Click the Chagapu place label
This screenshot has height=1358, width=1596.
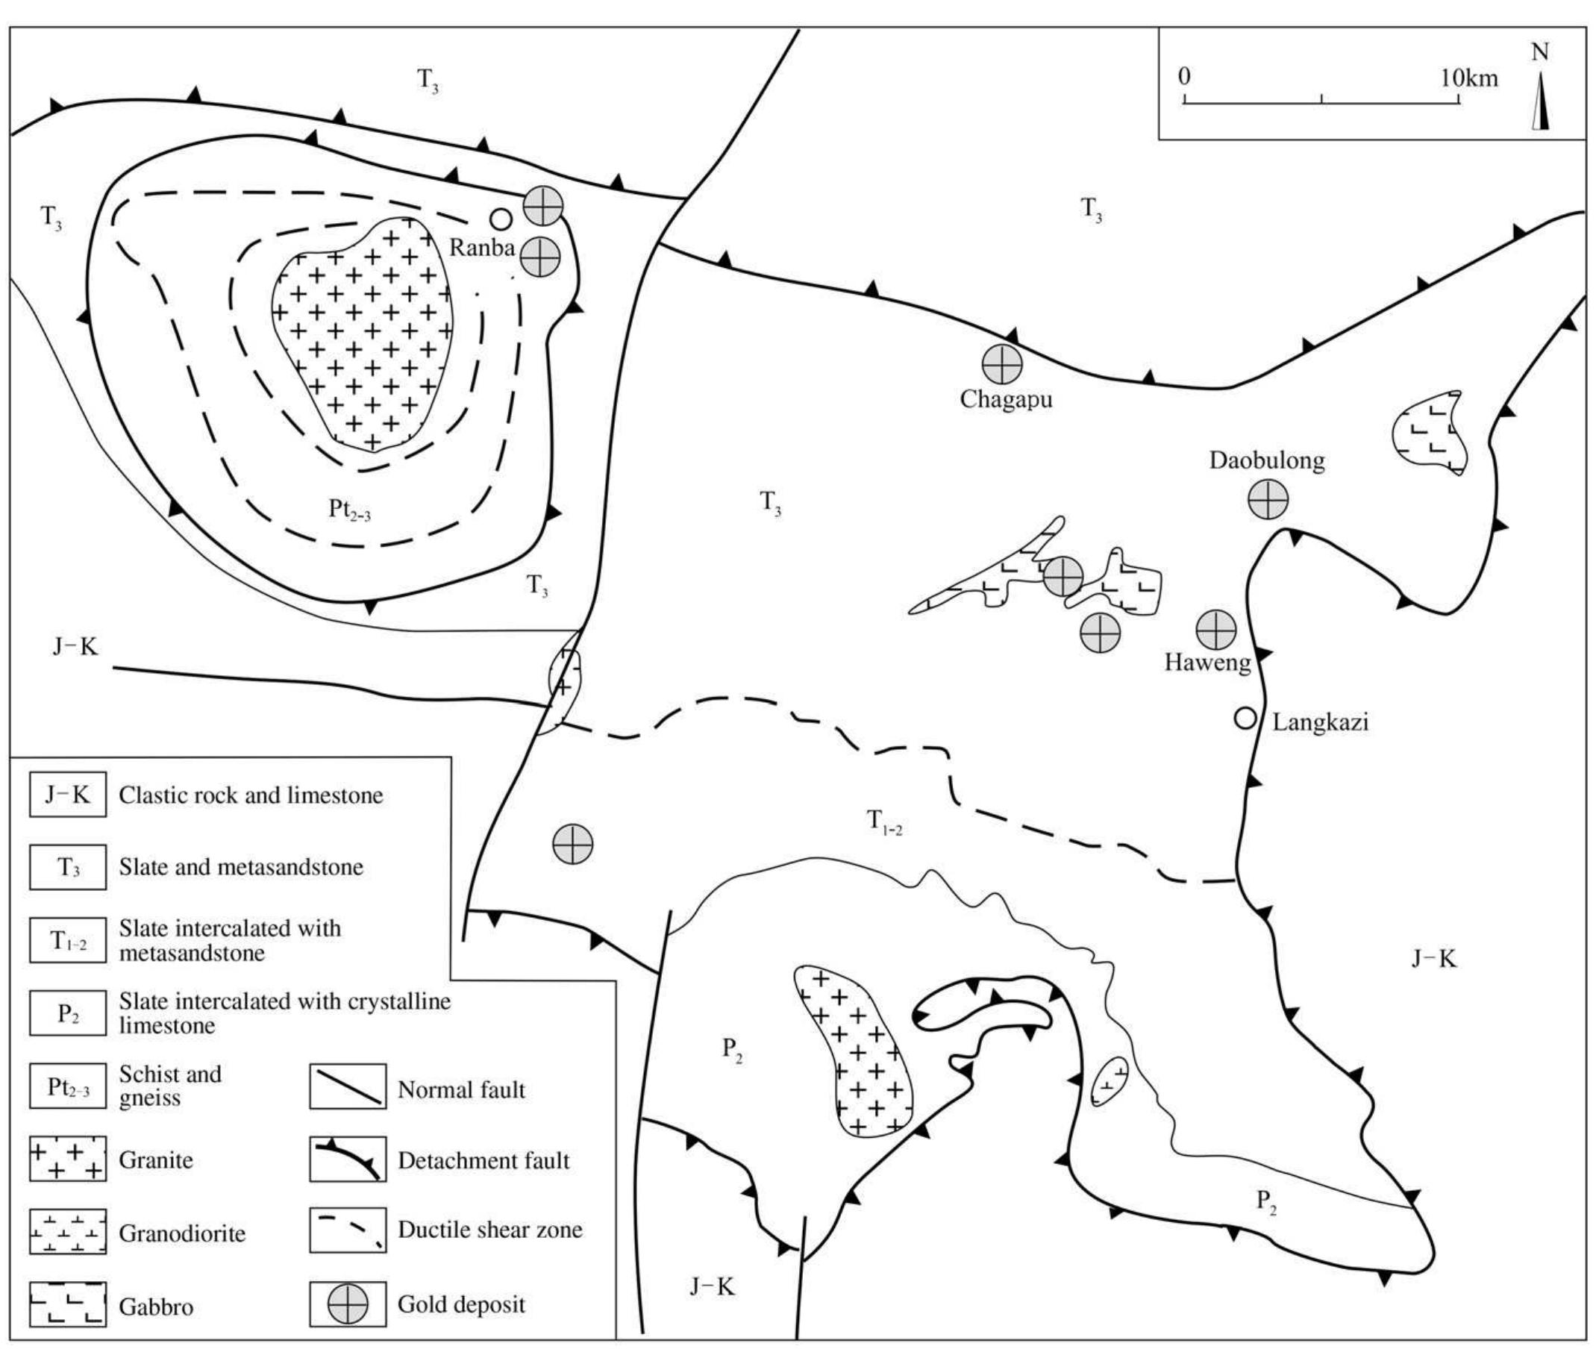pos(1006,399)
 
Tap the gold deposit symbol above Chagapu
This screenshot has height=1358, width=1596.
pos(1001,364)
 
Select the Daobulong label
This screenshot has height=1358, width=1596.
pos(1266,460)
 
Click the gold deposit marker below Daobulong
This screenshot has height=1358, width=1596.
pos(1266,501)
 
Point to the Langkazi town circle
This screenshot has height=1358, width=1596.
pos(1244,719)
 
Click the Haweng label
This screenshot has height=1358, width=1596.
pos(1207,662)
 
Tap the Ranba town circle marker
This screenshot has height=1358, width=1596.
pos(501,219)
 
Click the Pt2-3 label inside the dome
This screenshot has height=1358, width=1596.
pos(348,509)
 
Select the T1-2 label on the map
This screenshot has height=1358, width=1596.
pos(885,822)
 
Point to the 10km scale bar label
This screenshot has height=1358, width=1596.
pos(1469,78)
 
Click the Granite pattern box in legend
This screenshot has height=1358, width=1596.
pos(68,1160)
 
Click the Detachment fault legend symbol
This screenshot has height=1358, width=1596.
pos(348,1160)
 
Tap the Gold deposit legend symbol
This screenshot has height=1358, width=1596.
pos(348,1304)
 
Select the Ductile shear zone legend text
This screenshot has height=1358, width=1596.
pos(489,1230)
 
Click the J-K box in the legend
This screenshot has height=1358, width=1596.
pos(68,795)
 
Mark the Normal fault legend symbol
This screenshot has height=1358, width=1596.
pos(348,1087)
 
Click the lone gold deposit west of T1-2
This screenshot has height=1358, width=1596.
pos(573,844)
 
